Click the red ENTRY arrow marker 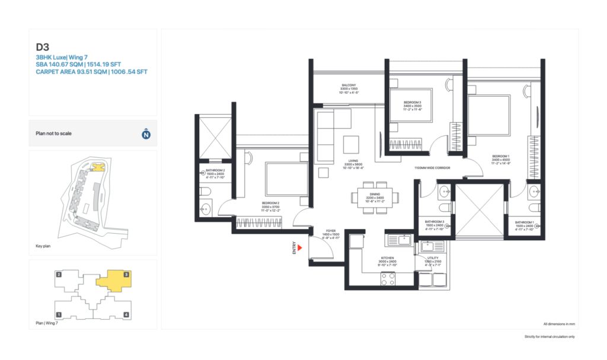301,248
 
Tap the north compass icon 146,134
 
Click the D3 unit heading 43,46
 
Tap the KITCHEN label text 387,258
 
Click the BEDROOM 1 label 501,158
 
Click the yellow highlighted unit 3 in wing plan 114,281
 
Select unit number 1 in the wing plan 59,314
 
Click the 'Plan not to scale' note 54,133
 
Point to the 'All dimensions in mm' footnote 560,324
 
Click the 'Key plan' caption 43,246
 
